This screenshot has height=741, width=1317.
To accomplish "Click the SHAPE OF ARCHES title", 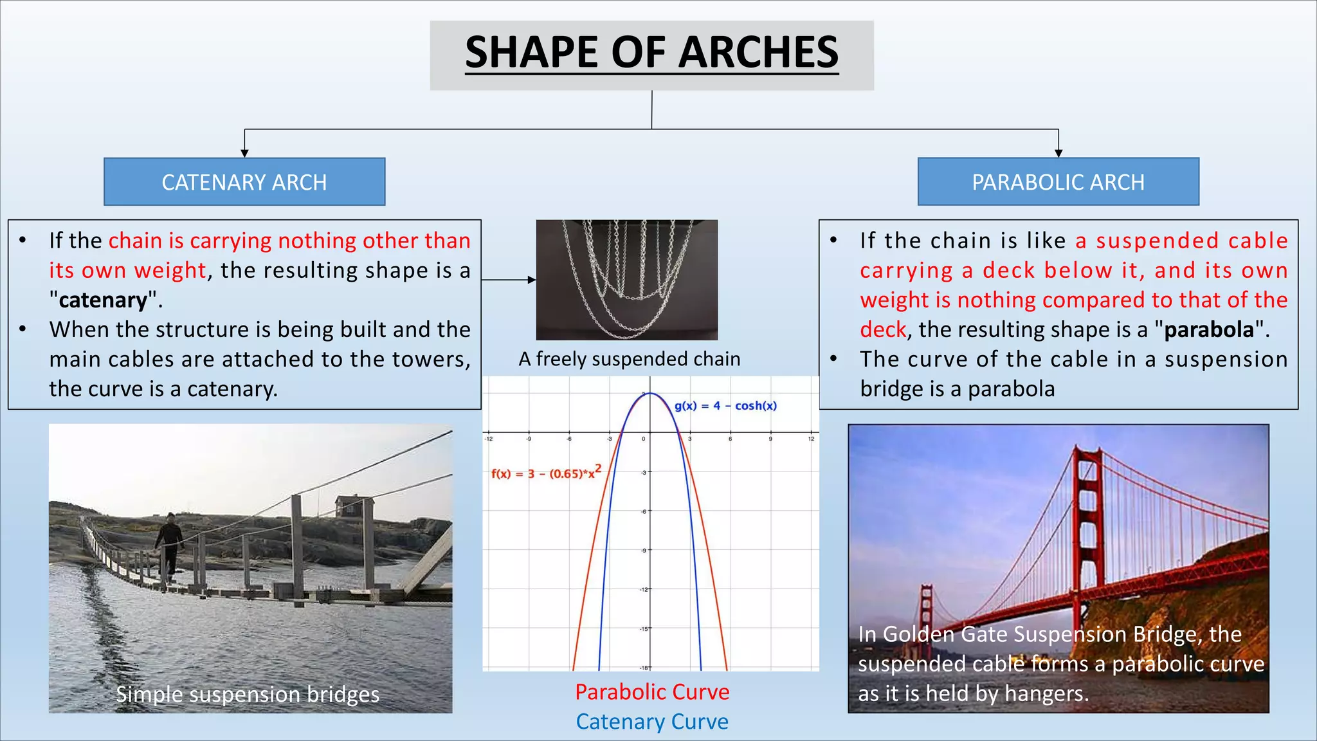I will [x=651, y=53].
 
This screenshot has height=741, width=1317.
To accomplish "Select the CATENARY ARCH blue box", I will [x=244, y=182].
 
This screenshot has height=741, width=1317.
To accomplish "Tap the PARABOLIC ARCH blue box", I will [x=1058, y=182].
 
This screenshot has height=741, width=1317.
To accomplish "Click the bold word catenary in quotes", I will [x=103, y=300].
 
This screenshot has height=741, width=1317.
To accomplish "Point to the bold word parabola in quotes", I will [x=1209, y=330].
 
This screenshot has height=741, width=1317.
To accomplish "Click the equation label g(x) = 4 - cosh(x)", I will [x=725, y=406].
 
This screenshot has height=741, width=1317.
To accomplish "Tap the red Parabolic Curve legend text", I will [x=652, y=692].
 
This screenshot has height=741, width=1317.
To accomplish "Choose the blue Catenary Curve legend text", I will [x=652, y=722].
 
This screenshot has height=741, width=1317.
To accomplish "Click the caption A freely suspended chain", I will [x=630, y=359].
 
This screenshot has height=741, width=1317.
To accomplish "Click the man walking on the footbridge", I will [x=169, y=544].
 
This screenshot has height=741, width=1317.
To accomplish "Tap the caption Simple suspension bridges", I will [x=248, y=695].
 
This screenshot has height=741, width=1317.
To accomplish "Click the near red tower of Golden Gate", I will [x=1088, y=515].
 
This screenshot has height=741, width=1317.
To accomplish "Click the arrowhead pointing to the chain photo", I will [x=532, y=280].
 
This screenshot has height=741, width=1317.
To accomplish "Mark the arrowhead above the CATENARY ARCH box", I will [x=244, y=153].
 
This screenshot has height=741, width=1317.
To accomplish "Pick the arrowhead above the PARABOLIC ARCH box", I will [x=1058, y=153].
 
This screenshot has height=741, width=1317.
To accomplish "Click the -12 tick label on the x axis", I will [x=489, y=439].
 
